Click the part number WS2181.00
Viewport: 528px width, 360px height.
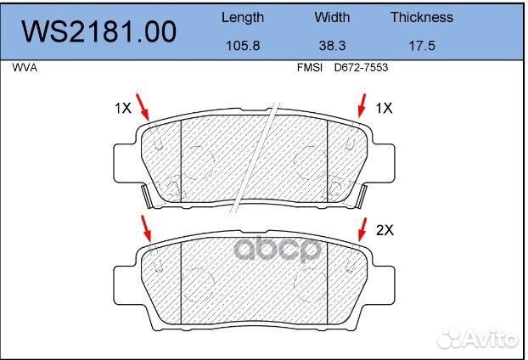pyautogui.click(x=99, y=31)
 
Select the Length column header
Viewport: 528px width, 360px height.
pyautogui.click(x=243, y=18)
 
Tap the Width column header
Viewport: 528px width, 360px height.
pyautogui.click(x=332, y=17)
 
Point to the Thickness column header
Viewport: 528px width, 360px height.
pyautogui.click(x=422, y=17)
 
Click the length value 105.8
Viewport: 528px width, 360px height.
pyautogui.click(x=243, y=46)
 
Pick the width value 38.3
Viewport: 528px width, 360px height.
pyautogui.click(x=332, y=46)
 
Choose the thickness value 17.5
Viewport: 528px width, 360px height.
pyautogui.click(x=422, y=46)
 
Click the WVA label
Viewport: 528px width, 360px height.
pyautogui.click(x=25, y=68)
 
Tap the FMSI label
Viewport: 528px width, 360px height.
pyautogui.click(x=310, y=68)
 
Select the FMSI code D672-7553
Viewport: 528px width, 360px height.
pyautogui.click(x=361, y=68)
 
